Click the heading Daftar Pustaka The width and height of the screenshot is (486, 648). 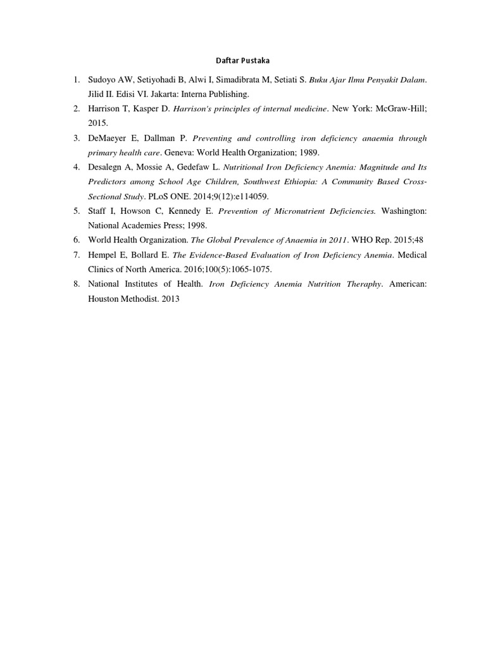[x=242, y=61]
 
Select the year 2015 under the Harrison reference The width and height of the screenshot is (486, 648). [x=98, y=122]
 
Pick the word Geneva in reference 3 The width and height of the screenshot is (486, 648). [x=180, y=153]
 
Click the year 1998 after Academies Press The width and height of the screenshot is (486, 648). [x=194, y=225]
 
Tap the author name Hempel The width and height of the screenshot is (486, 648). [x=103, y=255]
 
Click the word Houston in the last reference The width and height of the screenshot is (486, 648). [x=104, y=298]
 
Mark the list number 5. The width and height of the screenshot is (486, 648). [x=76, y=211]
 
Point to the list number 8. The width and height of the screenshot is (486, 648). [x=76, y=284]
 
